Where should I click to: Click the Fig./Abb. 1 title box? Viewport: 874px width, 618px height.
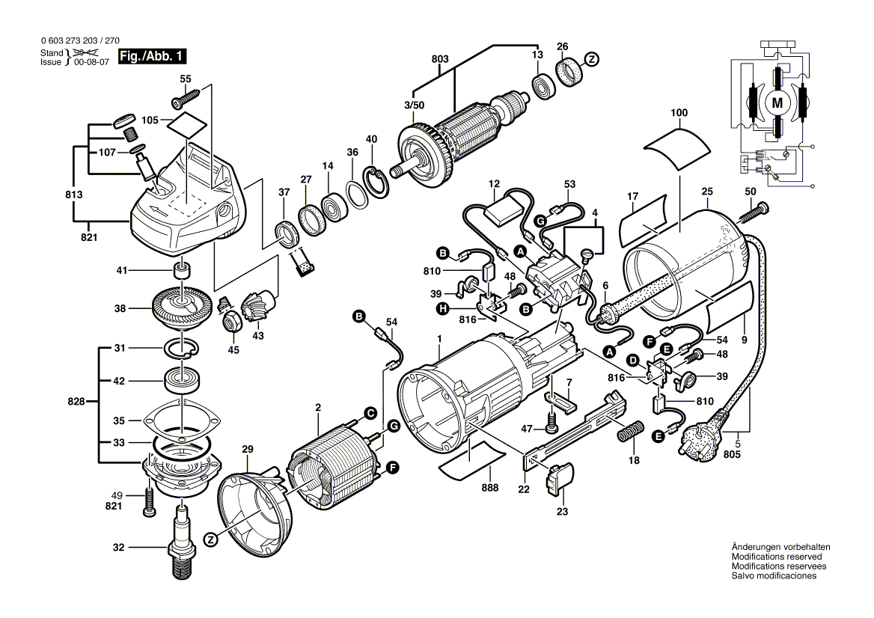tap(152, 56)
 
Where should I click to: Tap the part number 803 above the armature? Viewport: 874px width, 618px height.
tap(440, 59)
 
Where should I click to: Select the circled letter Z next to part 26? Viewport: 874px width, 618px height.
tap(591, 59)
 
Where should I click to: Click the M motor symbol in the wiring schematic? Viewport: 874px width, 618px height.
tap(777, 103)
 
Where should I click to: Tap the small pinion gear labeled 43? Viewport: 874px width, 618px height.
tap(257, 308)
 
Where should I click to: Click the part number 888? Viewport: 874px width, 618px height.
tap(491, 488)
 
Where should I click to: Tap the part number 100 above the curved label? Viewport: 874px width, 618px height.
tap(679, 113)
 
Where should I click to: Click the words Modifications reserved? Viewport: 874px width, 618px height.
tap(777, 557)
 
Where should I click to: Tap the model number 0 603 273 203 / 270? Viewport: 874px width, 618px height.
tap(80, 40)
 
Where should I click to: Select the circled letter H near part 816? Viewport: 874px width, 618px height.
tap(442, 308)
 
